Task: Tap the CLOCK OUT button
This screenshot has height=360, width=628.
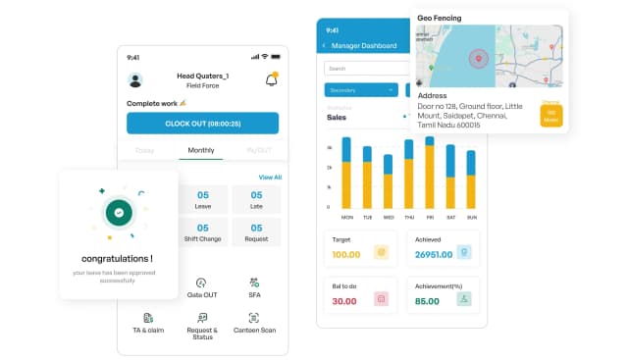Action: tap(202, 124)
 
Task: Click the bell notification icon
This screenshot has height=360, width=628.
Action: tap(271, 79)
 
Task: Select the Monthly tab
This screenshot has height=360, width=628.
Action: tap(201, 151)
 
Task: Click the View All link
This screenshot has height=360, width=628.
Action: tap(270, 178)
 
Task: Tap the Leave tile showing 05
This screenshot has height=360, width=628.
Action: tap(202, 199)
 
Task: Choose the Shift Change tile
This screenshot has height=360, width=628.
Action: tap(202, 232)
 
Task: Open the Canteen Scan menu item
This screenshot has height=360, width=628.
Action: tap(254, 323)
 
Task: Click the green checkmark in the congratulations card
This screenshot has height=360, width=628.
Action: tap(119, 211)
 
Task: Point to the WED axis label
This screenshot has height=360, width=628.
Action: tap(389, 217)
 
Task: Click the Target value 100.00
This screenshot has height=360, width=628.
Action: tap(345, 254)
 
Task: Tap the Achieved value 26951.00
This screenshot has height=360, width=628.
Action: tap(434, 254)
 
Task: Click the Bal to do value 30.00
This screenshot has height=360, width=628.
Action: tap(343, 301)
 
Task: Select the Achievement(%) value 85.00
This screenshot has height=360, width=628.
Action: tap(427, 301)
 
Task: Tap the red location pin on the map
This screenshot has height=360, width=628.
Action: tap(479, 58)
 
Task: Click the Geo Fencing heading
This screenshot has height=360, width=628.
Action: tap(440, 18)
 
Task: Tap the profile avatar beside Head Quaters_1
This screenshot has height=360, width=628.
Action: tap(135, 79)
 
